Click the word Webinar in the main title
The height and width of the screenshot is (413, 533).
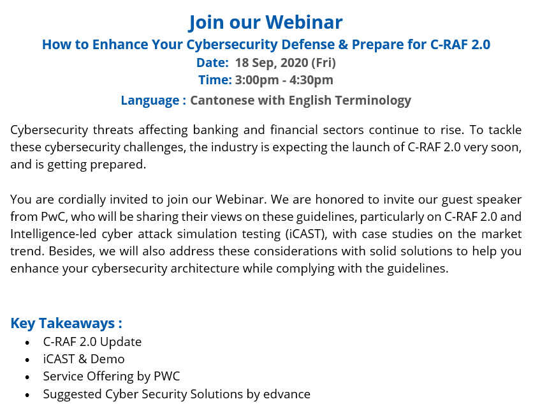point(304,22)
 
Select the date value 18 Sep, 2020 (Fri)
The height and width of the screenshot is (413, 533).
point(285,63)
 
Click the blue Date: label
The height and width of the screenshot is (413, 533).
point(212,63)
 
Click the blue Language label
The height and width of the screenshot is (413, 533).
point(150,101)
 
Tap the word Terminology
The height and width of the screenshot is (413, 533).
point(373,101)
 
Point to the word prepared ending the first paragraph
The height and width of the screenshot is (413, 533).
point(118,165)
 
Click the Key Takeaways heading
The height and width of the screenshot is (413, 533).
point(66,324)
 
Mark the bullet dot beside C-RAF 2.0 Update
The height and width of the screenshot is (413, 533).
point(27,343)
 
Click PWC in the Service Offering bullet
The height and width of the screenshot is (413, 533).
point(167,377)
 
